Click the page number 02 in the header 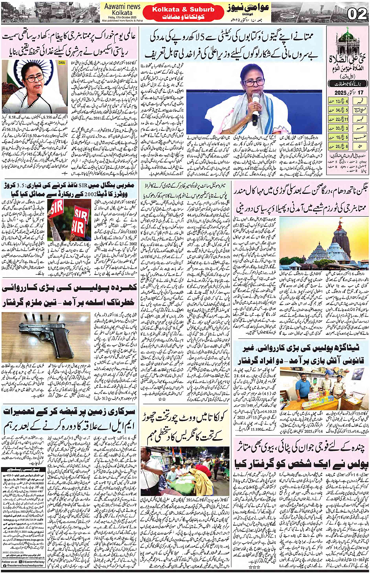(x=357, y=14)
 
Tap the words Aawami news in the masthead (x=122, y=7)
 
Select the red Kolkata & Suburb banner (x=183, y=13)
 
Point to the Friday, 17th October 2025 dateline (x=122, y=17)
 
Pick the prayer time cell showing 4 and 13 (x=339, y=101)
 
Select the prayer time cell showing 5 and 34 (x=339, y=110)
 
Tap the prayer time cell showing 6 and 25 (x=339, y=146)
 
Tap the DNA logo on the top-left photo (x=61, y=63)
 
